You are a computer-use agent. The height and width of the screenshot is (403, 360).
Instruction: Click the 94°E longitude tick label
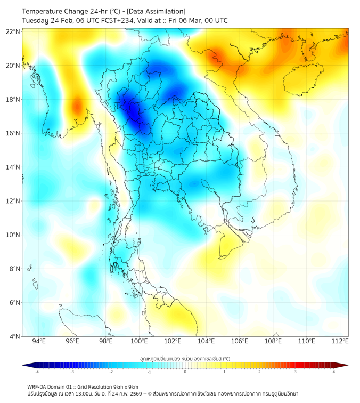click(39, 342)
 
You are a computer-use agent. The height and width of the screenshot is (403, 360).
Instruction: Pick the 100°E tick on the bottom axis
click(139, 342)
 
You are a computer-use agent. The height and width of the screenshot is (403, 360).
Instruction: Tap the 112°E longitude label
click(340, 342)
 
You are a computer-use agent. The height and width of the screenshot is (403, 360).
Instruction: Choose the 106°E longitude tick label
click(240, 342)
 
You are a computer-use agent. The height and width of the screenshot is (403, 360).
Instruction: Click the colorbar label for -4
click(37, 372)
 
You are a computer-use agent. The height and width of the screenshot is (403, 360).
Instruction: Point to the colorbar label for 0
click(185, 372)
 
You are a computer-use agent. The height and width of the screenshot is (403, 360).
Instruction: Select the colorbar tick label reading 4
click(334, 372)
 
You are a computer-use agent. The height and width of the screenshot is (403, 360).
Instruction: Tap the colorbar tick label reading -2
click(111, 372)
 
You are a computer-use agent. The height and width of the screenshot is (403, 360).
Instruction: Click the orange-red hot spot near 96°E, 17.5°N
click(77, 105)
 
